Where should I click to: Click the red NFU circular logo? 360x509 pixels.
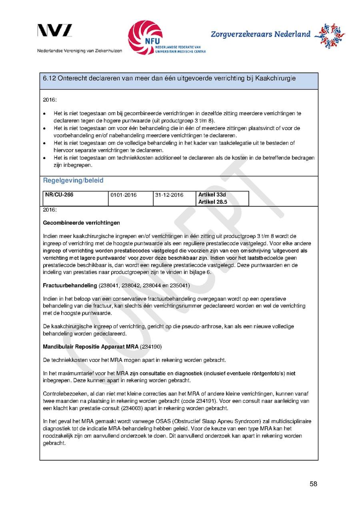point(145,37)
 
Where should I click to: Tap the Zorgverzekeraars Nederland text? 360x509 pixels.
point(260,34)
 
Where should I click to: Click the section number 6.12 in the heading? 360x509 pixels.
point(49,78)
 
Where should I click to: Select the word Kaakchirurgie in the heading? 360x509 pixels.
point(275,78)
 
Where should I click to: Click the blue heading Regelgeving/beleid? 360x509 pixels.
point(73,180)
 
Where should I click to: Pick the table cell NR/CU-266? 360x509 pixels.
point(59,195)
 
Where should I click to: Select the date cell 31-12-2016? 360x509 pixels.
point(169,195)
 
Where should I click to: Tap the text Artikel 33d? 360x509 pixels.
point(212,195)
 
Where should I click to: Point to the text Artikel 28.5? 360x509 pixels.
point(213,202)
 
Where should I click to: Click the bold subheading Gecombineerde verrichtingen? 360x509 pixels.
point(82,223)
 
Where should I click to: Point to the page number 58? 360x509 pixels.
point(313,484)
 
